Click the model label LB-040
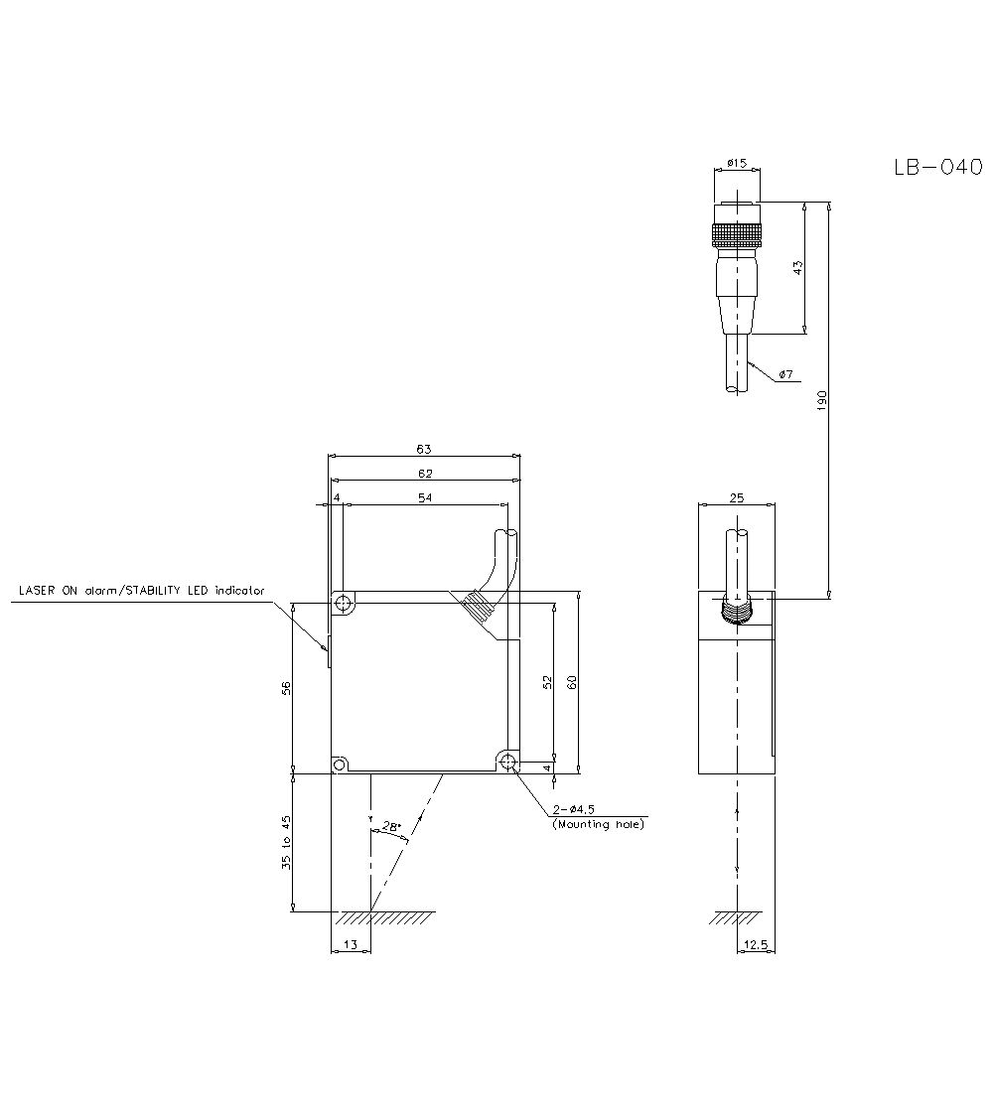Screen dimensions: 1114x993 tap(937, 168)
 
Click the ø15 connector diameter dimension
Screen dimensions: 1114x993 tap(736, 163)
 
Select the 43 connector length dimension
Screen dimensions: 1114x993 tap(796, 268)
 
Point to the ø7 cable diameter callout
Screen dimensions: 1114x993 tap(784, 374)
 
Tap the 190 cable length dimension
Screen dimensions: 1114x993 tap(820, 400)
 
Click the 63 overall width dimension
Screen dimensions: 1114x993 tap(424, 450)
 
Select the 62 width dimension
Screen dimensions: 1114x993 tap(424, 474)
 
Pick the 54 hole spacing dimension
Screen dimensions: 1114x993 tap(424, 496)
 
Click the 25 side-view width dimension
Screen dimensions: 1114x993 tap(736, 497)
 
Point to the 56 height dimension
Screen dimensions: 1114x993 tap(286, 687)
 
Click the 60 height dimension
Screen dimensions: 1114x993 tap(571, 682)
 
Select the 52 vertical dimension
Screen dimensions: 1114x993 tap(547, 682)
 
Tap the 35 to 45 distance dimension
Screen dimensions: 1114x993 tap(286, 842)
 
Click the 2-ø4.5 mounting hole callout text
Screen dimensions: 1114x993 tap(597, 817)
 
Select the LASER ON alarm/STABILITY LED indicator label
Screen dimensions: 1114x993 tap(142, 591)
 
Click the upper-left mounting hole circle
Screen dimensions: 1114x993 tap(343, 604)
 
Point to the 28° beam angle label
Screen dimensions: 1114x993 tap(390, 825)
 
